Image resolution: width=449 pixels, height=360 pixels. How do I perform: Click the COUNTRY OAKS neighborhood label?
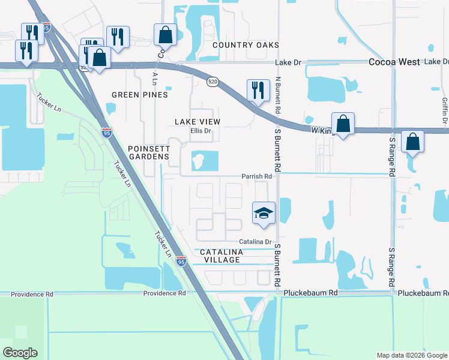coord(246,45)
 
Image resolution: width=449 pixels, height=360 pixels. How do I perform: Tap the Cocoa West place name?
coord(394,62)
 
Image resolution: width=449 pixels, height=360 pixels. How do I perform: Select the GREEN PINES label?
coord(140,95)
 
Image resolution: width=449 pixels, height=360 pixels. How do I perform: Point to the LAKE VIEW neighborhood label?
coord(197,122)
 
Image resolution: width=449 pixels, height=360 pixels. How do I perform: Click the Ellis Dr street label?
coord(201,131)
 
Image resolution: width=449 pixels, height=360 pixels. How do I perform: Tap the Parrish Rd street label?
coord(257,176)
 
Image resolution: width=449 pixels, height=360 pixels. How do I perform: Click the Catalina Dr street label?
coord(256,241)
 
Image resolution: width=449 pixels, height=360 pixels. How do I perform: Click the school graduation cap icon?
coord(264,213)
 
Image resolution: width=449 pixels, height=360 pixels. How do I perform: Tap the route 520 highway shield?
coord(212,82)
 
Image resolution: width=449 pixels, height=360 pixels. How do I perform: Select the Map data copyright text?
coord(411,355)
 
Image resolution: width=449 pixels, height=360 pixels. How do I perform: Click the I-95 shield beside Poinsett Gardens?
coord(106,132)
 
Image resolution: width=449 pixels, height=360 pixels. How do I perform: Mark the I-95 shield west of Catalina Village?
coord(181,261)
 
